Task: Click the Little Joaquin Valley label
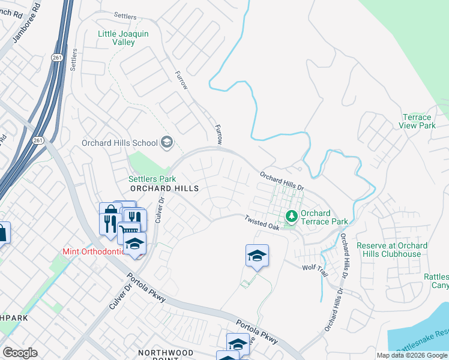124,38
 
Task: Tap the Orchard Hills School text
119,143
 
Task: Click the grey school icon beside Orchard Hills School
167,142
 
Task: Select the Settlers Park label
152,179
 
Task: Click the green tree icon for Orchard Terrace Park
292,215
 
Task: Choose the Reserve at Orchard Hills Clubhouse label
392,250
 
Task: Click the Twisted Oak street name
262,223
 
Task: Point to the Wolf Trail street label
315,271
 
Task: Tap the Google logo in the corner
20,353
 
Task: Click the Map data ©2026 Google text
412,355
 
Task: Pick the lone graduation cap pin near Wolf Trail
257,256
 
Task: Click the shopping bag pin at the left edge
2,233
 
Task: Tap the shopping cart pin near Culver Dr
129,231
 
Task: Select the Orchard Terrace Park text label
324,217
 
